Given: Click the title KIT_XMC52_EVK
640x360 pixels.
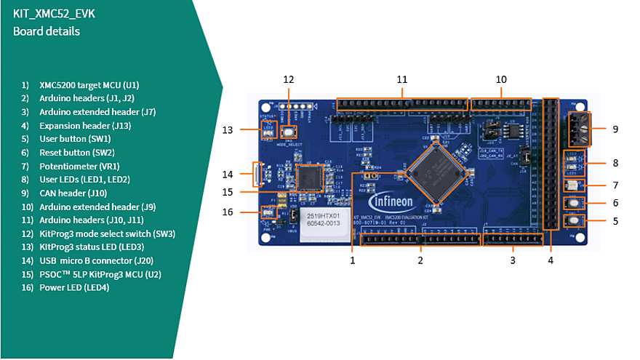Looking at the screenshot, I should click(x=54, y=13).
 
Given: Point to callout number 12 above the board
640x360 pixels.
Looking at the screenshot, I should click(x=289, y=79).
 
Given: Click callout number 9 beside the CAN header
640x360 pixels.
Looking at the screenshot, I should click(x=615, y=129).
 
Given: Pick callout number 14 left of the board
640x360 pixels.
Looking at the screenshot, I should click(x=228, y=174).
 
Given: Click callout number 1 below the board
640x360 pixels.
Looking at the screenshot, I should click(x=353, y=259).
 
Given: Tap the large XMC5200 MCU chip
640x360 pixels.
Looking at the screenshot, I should click(x=435, y=172).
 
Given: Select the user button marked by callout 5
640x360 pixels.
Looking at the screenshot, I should click(x=575, y=220).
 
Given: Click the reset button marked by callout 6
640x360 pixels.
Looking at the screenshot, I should click(x=575, y=203).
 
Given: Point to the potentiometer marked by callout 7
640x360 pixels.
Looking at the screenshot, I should click(x=575, y=185).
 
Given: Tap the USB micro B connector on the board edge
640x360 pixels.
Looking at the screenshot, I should click(x=256, y=174).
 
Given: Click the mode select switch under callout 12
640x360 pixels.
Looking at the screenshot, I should click(x=289, y=132).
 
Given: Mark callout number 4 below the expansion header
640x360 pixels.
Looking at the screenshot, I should click(x=551, y=259).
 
